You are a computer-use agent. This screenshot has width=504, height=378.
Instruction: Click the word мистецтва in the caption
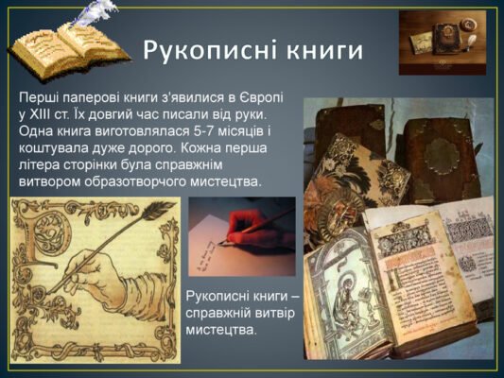pos(224,331)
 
